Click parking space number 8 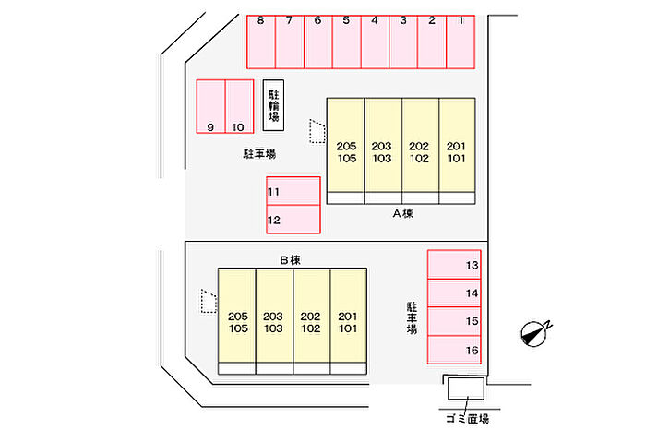(261, 42)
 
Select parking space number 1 (460, 42)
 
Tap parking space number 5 (346, 42)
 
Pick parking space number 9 (210, 108)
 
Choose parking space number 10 (239, 108)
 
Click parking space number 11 (293, 191)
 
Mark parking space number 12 (293, 220)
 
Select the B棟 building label (291, 260)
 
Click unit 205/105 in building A (346, 151)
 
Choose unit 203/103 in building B (273, 321)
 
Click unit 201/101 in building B (348, 321)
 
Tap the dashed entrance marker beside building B (209, 300)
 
